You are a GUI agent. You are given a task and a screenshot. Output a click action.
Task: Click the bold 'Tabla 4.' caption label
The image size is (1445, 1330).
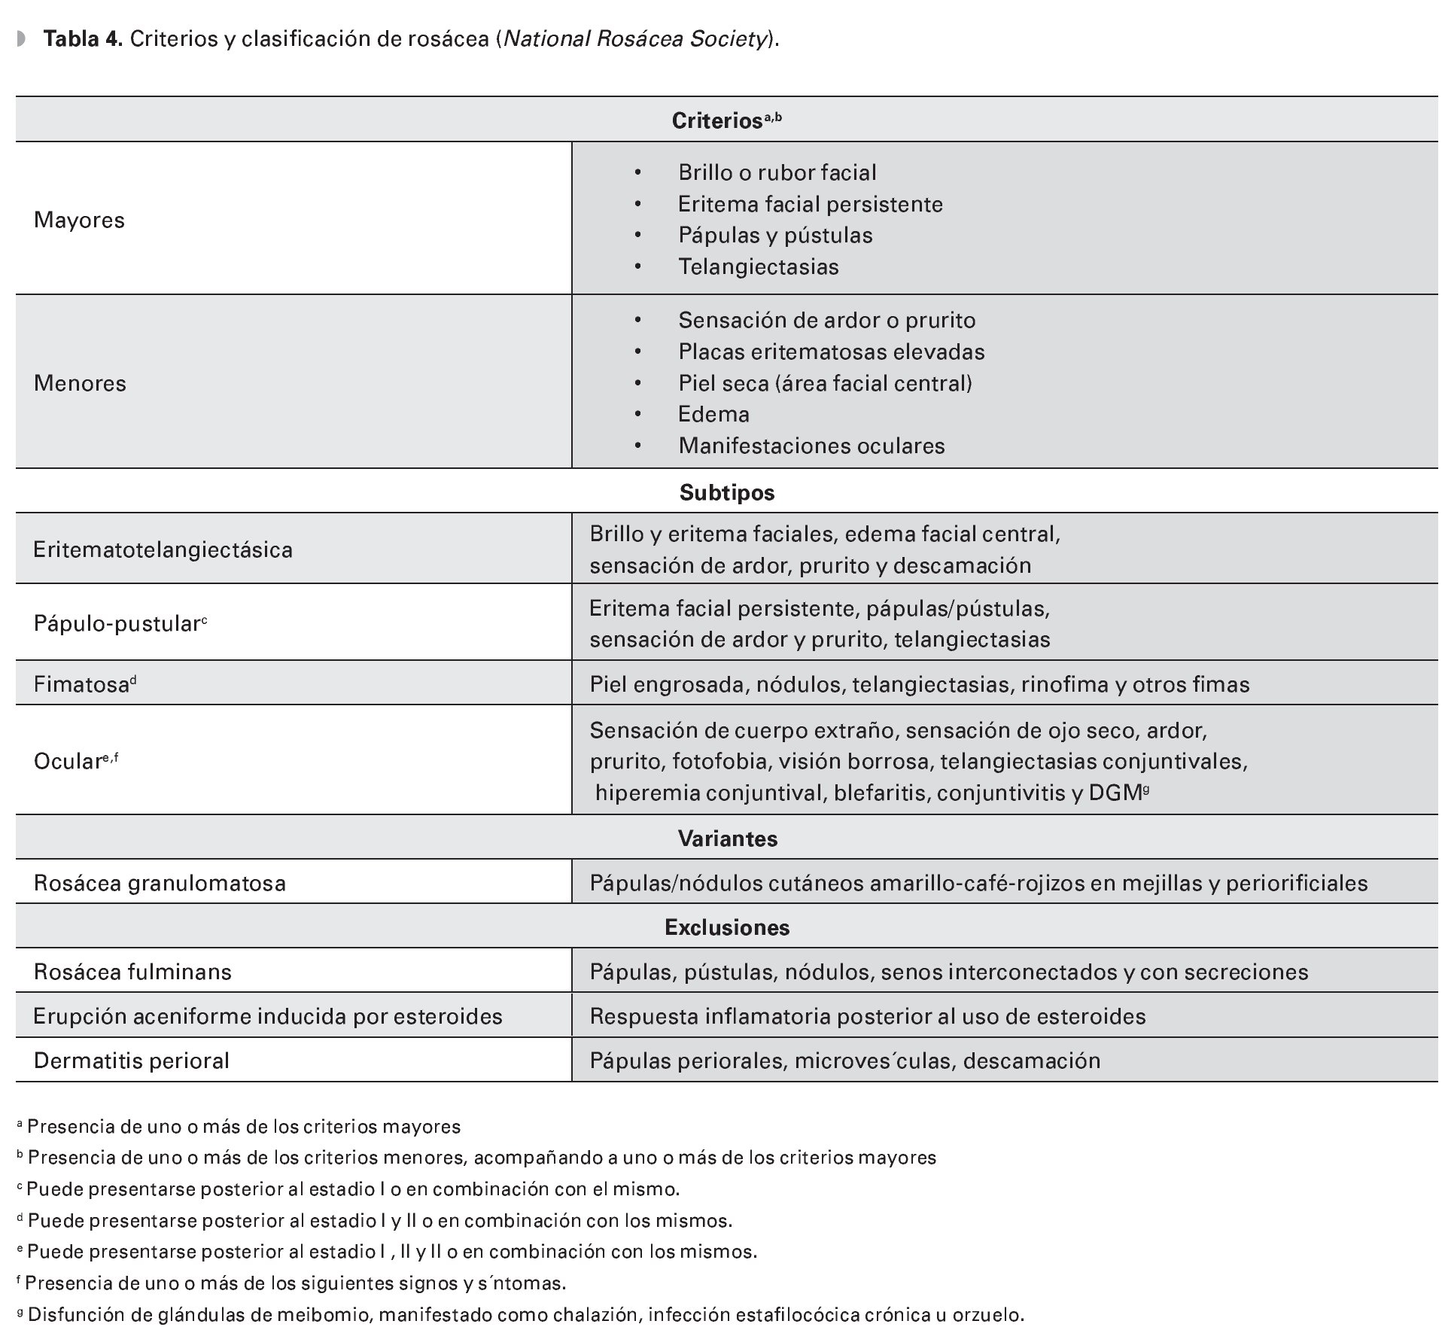83,39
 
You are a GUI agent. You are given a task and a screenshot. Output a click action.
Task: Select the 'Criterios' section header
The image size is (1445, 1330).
716,120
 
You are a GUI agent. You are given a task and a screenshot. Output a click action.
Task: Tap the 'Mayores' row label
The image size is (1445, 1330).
79,220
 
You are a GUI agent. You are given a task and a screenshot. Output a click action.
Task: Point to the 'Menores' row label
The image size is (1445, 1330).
80,383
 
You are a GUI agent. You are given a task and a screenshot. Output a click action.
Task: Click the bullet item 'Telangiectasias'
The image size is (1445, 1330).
758,266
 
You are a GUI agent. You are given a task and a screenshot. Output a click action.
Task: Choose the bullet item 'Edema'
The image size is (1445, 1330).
713,414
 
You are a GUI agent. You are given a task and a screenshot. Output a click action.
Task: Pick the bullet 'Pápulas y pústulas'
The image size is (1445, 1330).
775,235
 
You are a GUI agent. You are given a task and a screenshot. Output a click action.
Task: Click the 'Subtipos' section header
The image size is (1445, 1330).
726,492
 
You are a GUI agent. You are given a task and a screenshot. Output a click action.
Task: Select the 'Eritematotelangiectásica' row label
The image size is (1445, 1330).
163,549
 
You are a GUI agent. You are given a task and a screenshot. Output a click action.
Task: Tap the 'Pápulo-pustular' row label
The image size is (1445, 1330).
117,624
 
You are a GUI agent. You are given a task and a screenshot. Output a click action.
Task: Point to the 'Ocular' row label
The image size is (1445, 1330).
68,761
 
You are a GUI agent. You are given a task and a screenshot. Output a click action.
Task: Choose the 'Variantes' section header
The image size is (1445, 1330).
727,838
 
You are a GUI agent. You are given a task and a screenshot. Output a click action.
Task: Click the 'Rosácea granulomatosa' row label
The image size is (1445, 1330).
160,883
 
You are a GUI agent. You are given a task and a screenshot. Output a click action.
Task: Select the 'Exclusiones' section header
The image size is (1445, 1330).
726,927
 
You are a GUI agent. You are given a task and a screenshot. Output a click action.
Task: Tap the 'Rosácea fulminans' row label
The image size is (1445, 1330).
132,972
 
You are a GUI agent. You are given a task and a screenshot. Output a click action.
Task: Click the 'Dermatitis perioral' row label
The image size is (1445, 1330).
131,1061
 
